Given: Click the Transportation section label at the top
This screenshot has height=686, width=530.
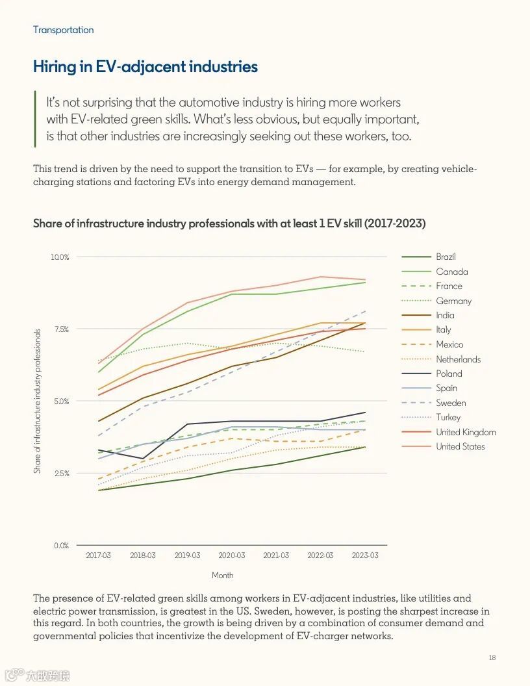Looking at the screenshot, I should (63, 30).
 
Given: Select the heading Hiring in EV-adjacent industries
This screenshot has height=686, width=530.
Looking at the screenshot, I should (145, 66).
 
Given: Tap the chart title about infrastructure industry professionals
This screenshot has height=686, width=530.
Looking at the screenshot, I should (229, 223).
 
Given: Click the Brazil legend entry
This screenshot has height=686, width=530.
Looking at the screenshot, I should (446, 257).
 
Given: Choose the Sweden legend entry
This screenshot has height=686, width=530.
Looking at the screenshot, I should (450, 403).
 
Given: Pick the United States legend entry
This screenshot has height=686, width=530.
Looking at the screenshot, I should (460, 446).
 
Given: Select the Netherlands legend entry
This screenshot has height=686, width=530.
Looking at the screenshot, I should (458, 359).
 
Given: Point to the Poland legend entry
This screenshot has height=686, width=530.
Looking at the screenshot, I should (449, 374).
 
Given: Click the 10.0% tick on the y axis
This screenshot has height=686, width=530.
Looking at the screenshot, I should (60, 257).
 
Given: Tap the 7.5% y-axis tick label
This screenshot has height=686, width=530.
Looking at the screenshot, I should (61, 329).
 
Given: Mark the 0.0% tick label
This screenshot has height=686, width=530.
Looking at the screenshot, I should (61, 546).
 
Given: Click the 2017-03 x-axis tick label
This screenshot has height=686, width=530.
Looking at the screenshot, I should (98, 556).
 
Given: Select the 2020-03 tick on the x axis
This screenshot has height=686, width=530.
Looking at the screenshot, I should (231, 556).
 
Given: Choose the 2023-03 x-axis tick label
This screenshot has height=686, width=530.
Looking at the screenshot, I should (364, 556).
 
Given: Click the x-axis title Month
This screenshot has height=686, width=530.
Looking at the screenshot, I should (222, 576).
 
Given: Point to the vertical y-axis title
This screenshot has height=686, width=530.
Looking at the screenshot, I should (38, 401).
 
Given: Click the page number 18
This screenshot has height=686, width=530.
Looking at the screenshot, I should (492, 658).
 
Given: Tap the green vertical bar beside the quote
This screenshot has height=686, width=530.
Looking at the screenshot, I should (34, 120).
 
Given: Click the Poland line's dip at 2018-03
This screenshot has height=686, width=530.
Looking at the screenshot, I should (143, 459).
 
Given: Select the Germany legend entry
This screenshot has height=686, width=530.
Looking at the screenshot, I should (453, 301).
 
